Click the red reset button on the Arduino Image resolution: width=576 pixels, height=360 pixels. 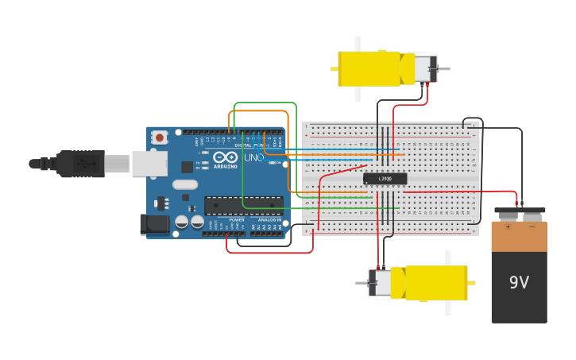pos(160,137)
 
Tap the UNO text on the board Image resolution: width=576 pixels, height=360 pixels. pos(254,157)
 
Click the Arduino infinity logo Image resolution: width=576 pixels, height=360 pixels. pos(225,157)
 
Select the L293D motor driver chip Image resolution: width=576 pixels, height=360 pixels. pos(385,179)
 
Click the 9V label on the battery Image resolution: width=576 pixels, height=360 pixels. pos(519,282)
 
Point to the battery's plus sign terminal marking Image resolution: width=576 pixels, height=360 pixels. pos(508,226)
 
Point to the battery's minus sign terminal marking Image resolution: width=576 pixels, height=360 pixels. pos(532,226)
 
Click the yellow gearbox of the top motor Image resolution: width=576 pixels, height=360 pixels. pos(369,68)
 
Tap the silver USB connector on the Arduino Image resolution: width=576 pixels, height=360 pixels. pos(149,163)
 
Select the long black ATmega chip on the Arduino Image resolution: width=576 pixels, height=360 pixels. pos(243,205)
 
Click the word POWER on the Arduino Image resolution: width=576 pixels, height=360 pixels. pos(237,219)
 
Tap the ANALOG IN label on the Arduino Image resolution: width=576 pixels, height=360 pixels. pos(269,219)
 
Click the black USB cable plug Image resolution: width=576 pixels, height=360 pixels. pos(79,164)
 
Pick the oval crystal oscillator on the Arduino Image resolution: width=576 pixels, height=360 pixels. pos(184,184)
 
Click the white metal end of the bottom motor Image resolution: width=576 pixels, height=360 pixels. pos(380,283)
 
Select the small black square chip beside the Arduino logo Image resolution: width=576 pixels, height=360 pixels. pos(187,166)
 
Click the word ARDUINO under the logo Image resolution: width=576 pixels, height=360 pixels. pos(225,166)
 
